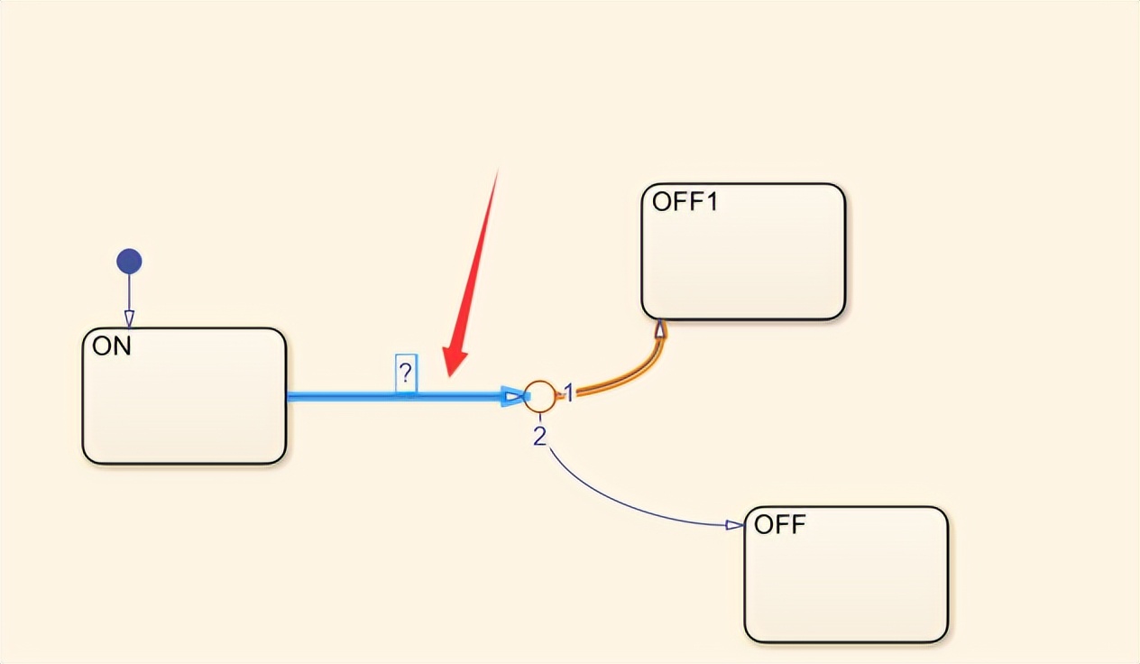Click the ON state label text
(x=113, y=346)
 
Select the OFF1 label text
(x=685, y=202)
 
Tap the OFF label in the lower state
(x=780, y=525)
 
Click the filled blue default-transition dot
(x=129, y=263)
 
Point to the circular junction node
(x=539, y=396)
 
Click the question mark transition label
(x=406, y=373)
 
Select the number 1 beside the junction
(x=569, y=392)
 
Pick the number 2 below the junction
(x=539, y=437)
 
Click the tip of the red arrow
(x=448, y=373)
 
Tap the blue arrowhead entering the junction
(x=513, y=396)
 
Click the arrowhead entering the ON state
(x=129, y=318)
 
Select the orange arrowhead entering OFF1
(x=660, y=329)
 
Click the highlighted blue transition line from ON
(x=361, y=396)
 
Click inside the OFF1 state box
(x=743, y=262)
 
